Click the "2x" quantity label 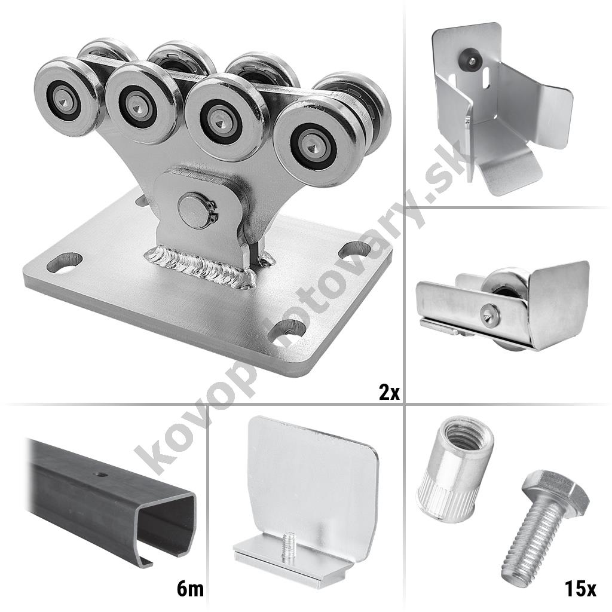pyautogui.click(x=389, y=393)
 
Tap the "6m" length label pyautogui.click(x=190, y=589)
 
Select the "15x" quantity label pyautogui.click(x=580, y=589)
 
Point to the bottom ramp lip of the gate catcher pyautogui.click(x=509, y=175)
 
